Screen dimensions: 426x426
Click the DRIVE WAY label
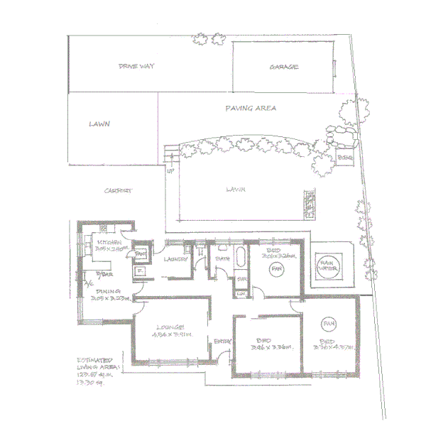click(137, 67)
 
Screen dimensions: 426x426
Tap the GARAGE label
click(283, 67)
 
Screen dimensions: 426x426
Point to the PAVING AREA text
click(251, 109)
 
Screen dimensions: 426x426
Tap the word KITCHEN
click(110, 243)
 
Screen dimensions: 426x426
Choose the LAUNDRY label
click(175, 259)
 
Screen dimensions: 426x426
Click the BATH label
click(222, 259)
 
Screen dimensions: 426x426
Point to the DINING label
click(109, 291)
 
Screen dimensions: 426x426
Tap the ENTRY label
click(223, 342)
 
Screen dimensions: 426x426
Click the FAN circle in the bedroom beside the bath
click(275, 270)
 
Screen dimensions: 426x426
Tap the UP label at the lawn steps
click(170, 171)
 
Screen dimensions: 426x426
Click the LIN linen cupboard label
click(241, 294)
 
